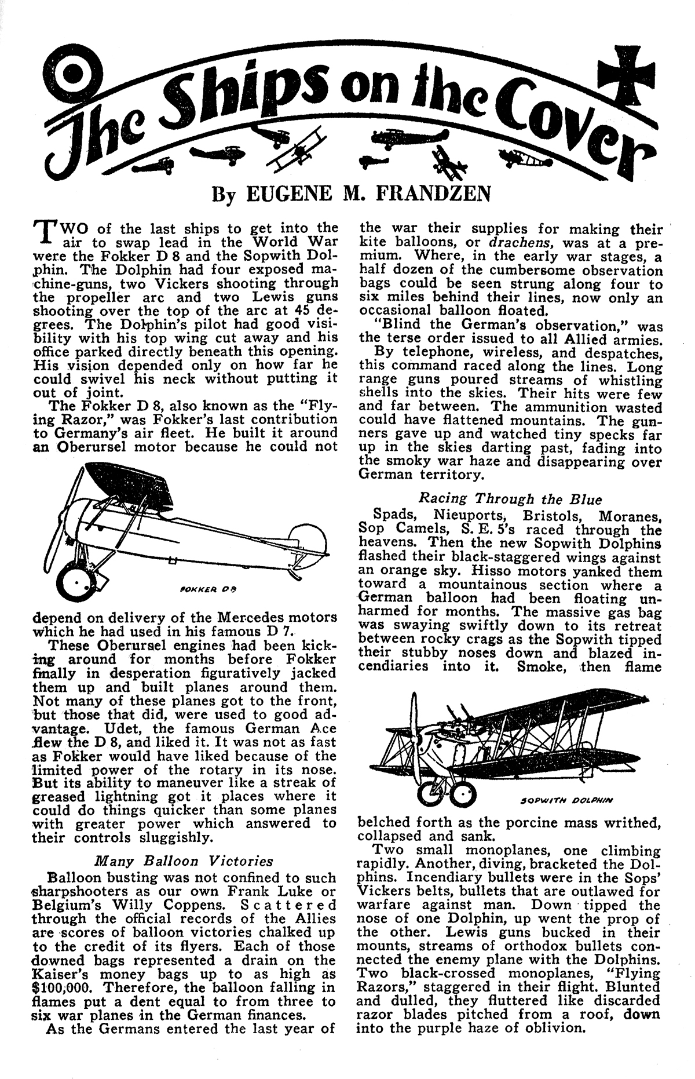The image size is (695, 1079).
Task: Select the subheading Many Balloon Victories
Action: (x=184, y=860)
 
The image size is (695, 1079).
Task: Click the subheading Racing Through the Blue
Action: (x=510, y=499)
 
